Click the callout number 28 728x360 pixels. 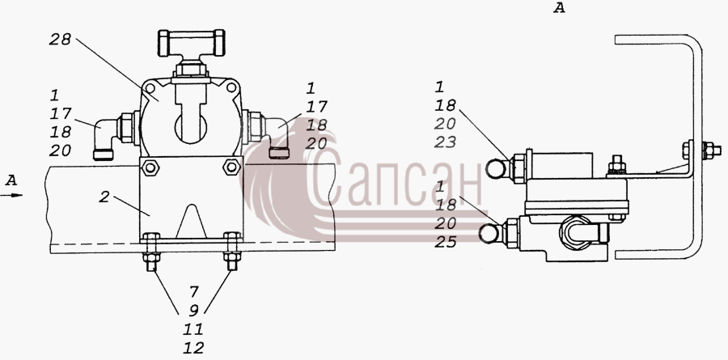pos(60,40)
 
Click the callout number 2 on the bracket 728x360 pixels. pos(104,197)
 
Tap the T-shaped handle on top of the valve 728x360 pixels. pos(191,42)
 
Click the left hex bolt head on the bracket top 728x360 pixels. pos(150,167)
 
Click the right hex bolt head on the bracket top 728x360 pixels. pos(231,167)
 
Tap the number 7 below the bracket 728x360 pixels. pos(193,292)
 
